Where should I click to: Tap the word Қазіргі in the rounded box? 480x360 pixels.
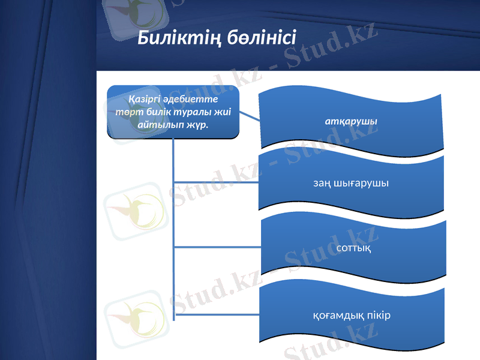[143, 98]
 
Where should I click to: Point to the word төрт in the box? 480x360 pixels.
[128, 112]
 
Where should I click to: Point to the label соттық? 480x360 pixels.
[353, 247]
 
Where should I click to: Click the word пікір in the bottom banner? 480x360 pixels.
[378, 315]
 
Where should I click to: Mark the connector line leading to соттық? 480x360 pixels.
[216, 247]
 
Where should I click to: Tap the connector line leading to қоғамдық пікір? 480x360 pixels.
[216, 314]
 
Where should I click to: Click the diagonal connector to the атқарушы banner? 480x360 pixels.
[250, 115]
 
